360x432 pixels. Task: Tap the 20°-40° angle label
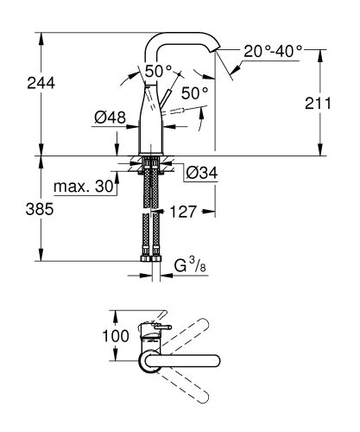point(272,52)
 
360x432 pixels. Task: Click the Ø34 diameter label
point(200,174)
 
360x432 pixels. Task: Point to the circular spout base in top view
point(148,361)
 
